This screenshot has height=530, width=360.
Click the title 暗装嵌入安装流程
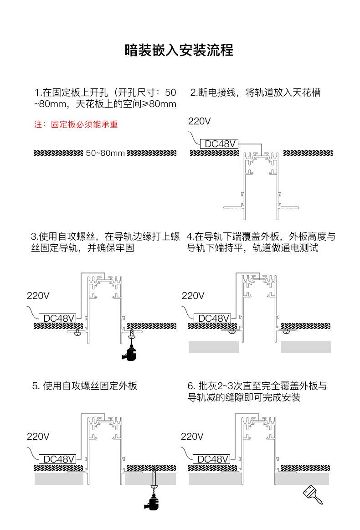[179, 50]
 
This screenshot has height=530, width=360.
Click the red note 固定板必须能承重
[84, 124]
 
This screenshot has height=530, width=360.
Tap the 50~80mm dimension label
[105, 153]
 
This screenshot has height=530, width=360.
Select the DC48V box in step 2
[219, 144]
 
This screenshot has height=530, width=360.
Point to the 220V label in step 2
[200, 121]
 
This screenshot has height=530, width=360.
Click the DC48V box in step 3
[58, 318]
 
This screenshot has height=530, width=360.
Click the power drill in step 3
[130, 353]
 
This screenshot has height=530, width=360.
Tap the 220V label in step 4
[193, 296]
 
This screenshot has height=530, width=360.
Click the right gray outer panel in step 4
[306, 347]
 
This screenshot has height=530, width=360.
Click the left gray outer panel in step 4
[214, 347]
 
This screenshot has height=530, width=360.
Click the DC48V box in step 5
[58, 459]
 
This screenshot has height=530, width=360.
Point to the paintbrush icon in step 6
[313, 494]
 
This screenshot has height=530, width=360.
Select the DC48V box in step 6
[211, 459]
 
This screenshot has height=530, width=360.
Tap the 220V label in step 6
[192, 437]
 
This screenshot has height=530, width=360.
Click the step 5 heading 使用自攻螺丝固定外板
[90, 386]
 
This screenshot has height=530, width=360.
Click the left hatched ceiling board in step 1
[58, 153]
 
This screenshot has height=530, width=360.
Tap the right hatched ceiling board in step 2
[308, 153]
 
